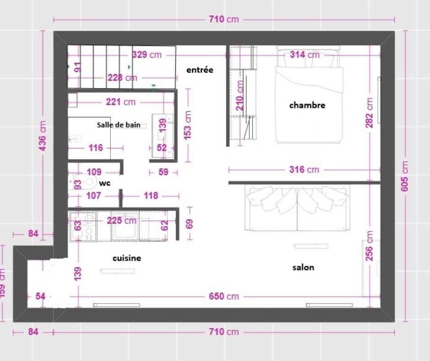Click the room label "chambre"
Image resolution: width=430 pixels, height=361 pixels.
tap(307, 105)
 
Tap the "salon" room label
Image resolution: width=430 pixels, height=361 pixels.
tap(303, 268)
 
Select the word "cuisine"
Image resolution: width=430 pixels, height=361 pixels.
tap(127, 258)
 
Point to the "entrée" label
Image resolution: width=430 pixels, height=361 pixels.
tap(199, 70)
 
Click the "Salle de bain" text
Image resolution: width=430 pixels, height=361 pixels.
tap(118, 125)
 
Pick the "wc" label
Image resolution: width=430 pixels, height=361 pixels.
tap(104, 183)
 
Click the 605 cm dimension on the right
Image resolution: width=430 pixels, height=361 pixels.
tap(404, 176)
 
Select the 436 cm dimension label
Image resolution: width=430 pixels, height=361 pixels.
tap(43, 136)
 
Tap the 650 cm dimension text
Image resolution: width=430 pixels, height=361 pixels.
tap(224, 296)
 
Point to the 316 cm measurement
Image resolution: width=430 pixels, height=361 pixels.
tap(304, 170)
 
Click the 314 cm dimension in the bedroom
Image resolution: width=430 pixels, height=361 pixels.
tap(305, 55)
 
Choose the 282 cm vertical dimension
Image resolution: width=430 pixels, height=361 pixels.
tap(370, 113)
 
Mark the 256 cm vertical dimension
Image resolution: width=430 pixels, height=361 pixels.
tap(370, 246)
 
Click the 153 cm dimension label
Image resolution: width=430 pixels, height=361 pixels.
tap(188, 125)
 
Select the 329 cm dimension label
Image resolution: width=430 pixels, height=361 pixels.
tap(147, 55)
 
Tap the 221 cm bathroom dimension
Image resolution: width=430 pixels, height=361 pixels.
tap(121, 102)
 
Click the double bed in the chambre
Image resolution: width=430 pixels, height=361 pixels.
tap(309, 95)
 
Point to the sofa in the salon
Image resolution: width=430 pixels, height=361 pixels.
tap(297, 208)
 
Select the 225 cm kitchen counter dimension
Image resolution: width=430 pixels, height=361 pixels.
tap(122, 220)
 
